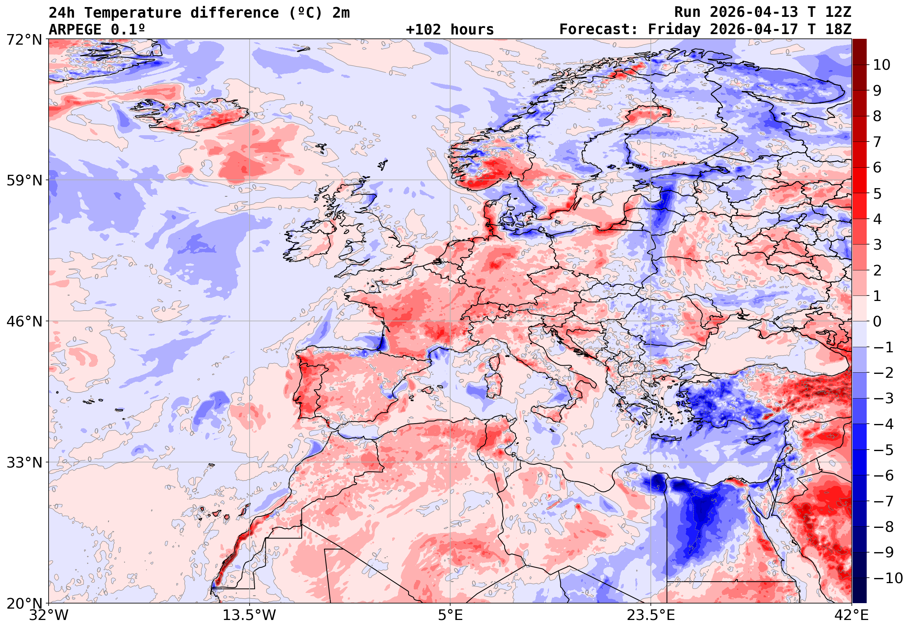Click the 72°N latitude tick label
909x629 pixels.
point(24,40)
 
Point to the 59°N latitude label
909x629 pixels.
point(24,181)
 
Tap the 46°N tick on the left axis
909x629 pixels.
point(24,322)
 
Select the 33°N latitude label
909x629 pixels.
point(24,462)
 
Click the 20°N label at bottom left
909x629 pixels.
point(24,604)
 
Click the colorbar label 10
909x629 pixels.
point(882,65)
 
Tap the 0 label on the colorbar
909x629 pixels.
point(877,322)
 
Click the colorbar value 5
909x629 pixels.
point(877,194)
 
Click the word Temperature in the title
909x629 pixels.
point(132,13)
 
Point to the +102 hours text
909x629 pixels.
point(449,29)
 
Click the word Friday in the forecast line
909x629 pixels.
point(675,29)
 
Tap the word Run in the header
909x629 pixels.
point(687,12)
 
